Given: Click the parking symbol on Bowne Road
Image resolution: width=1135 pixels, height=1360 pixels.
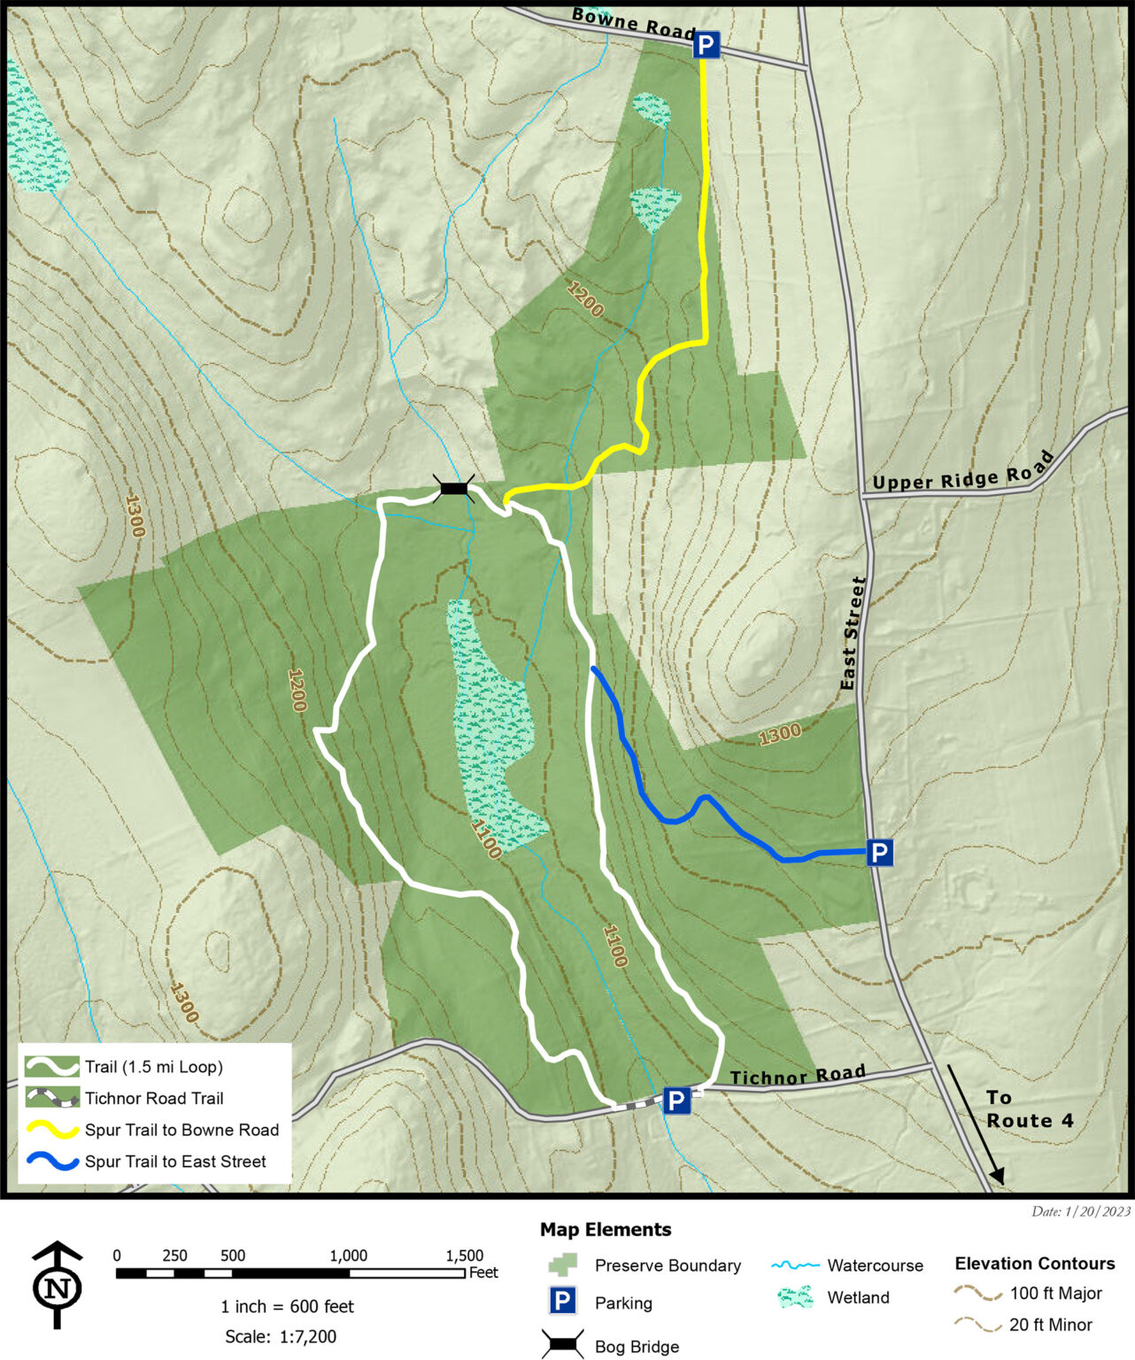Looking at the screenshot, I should pos(706,44).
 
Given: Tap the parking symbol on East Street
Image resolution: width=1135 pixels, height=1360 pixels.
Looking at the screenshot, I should pos(878,853).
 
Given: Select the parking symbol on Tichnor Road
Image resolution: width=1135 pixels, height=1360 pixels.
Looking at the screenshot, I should pos(676,1101).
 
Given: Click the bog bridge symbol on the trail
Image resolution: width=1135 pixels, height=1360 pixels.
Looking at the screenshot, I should pos(454,489).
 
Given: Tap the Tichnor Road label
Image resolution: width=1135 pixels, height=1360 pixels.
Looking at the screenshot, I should pos(797,1075).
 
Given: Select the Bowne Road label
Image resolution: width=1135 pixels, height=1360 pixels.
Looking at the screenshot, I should pos(633,23).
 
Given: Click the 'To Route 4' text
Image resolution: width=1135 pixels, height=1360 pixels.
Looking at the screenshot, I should pos(1029,1109).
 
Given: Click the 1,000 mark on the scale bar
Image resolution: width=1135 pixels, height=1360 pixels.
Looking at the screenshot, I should pos(349,1256).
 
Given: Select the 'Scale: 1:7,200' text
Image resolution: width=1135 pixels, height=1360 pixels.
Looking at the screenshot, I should pos(281,1336).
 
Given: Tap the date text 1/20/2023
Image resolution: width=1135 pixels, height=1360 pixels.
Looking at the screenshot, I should pos(1081,1211).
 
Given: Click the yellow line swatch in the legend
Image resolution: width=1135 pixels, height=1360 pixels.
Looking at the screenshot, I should pos(51,1131).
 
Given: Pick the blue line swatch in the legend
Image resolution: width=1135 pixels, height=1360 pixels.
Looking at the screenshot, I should pos(51,1162).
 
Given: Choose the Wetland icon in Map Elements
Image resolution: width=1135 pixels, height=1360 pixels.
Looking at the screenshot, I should pos(794,1298).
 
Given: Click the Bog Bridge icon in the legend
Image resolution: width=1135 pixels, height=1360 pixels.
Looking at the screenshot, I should pos(562,1345).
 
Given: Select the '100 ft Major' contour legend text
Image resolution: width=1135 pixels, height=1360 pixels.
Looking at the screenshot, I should pos(1055,1294).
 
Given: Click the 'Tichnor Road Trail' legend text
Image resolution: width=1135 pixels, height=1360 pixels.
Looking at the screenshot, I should pos(154,1099).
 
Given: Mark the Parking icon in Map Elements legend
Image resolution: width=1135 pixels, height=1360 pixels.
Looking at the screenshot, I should pos(563,1302).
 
